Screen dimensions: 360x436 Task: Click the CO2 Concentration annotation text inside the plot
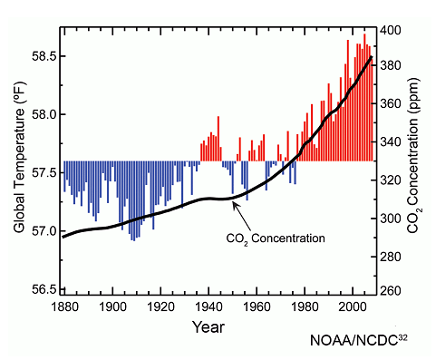pos(275,238)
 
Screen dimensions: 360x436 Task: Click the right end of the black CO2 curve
pos(372,57)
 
